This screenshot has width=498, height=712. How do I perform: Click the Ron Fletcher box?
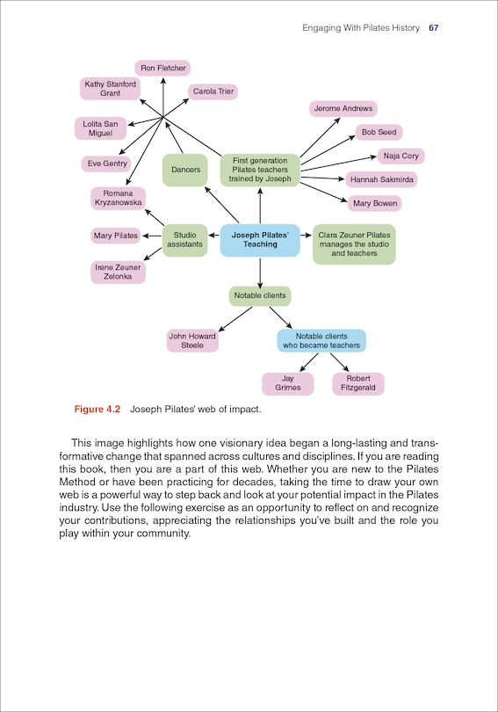(x=162, y=68)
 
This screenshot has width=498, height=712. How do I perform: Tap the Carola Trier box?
(x=213, y=91)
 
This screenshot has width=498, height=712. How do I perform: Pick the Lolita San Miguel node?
(x=100, y=127)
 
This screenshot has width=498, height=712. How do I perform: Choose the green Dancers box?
(x=184, y=170)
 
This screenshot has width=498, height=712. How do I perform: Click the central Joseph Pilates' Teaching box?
(x=260, y=239)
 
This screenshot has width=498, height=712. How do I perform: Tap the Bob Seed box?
(x=379, y=133)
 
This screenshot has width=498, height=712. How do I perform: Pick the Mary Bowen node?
(x=375, y=203)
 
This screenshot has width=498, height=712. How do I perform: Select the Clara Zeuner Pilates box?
(x=354, y=244)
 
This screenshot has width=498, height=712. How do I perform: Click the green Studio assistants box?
(x=185, y=239)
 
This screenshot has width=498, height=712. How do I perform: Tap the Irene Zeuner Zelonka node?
(x=118, y=272)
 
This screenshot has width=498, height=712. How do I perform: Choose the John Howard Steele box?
(x=192, y=340)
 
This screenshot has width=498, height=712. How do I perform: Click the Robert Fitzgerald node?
(x=357, y=383)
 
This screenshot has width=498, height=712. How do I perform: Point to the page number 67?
(x=433, y=28)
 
